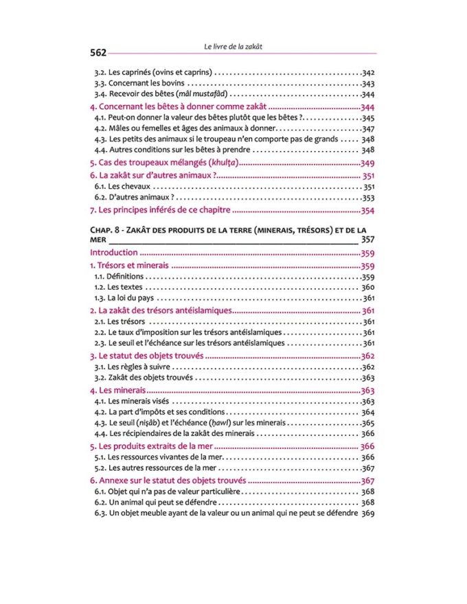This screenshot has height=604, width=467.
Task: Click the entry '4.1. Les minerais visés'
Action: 134,402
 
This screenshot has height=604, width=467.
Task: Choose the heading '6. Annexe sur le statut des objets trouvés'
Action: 168,480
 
